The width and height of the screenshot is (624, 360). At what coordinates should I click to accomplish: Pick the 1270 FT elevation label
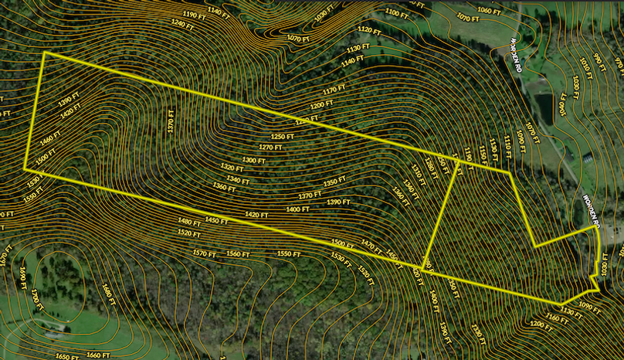[270, 147]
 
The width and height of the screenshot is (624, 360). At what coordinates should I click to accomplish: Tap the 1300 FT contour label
[254, 160]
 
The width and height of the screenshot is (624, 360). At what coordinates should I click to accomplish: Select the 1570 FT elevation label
[204, 253]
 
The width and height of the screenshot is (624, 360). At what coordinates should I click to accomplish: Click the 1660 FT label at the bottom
[98, 355]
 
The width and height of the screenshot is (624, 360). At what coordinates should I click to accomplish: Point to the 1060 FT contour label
[490, 10]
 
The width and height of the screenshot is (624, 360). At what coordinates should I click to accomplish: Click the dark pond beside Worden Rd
[545, 107]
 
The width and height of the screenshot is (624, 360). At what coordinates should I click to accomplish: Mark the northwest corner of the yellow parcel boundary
[45, 53]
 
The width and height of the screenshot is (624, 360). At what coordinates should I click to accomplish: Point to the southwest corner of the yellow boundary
[25, 168]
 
